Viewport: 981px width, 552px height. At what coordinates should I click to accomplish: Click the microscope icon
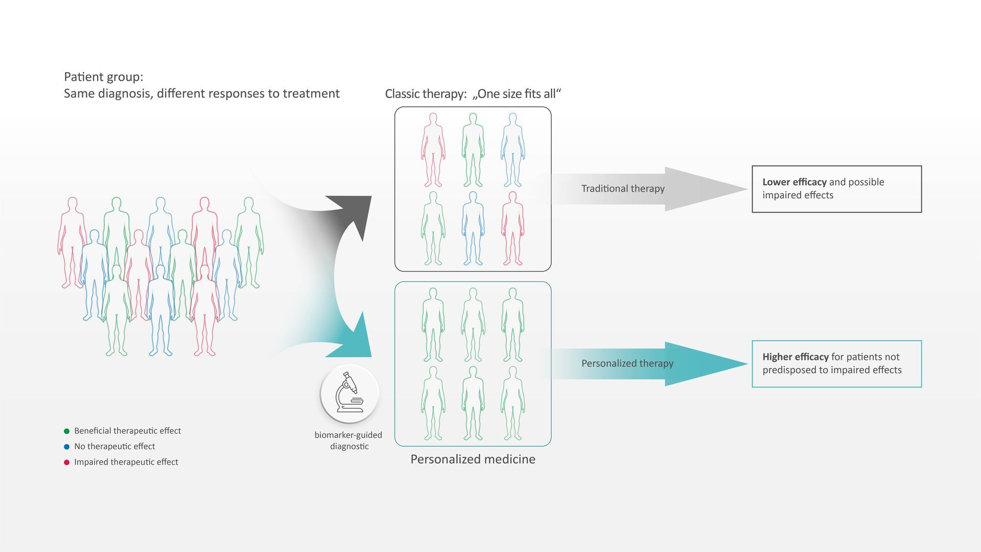coord(349,393)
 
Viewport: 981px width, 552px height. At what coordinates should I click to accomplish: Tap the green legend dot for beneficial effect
coord(66,431)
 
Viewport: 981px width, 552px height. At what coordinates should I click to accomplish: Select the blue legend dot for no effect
coord(66,447)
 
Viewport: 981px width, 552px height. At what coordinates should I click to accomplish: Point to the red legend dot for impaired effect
coord(66,463)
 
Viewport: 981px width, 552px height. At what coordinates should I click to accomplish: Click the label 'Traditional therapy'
coord(623,189)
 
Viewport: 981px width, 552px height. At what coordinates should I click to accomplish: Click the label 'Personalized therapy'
coord(627,363)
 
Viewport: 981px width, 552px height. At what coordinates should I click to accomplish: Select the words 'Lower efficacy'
coord(794,182)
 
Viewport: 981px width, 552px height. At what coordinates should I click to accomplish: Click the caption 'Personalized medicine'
coord(473,459)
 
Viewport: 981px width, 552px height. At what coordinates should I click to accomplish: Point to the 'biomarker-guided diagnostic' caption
coord(348,441)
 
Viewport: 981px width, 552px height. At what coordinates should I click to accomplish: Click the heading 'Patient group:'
coord(104,77)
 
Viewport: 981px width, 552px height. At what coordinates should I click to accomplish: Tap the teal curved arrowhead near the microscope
coord(356,340)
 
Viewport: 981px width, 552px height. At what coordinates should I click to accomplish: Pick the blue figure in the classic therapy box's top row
coord(512,150)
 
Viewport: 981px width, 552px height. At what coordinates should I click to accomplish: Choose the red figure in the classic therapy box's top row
coord(433,150)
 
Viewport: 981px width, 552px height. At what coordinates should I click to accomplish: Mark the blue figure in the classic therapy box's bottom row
coord(473,228)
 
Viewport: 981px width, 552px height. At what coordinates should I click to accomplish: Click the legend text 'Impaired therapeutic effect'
coord(126,462)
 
